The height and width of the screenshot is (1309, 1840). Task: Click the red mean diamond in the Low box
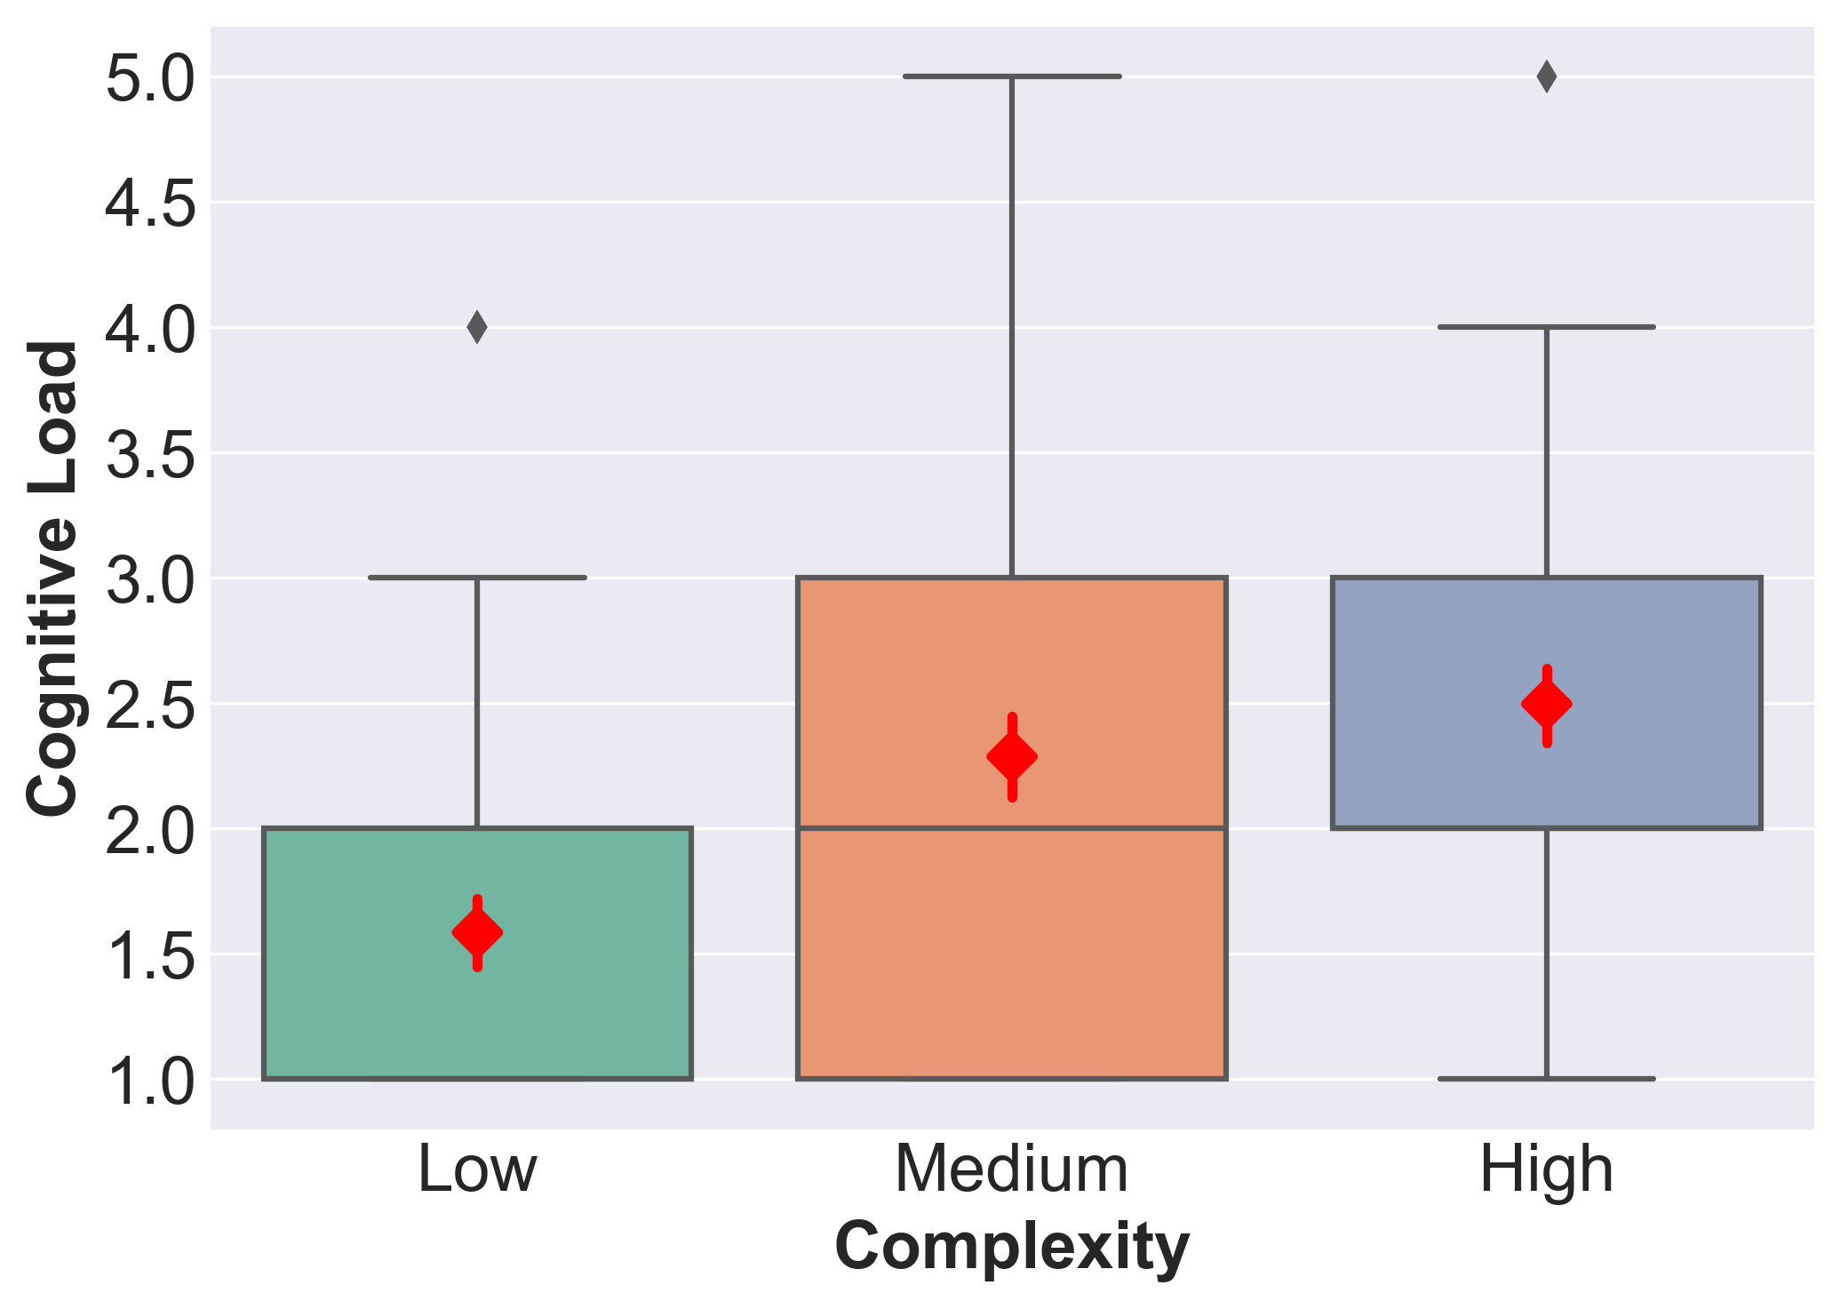477,933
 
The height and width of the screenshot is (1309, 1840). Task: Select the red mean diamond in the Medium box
1012,757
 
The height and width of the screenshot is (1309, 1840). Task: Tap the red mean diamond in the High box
1547,705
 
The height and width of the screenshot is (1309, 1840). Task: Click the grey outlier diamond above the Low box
477,327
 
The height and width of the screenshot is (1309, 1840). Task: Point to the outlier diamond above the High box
1547,76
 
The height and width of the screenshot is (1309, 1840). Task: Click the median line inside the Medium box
1012,828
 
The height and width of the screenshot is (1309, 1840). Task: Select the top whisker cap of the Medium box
1012,76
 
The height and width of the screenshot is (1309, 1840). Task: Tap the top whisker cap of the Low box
477,578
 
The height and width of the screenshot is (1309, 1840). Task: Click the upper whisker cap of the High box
1547,327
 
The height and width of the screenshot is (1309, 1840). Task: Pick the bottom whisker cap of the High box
1547,1079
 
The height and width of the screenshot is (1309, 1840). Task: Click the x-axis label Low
477,1169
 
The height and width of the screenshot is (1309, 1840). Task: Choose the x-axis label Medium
1012,1169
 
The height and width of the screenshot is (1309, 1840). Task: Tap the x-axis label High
1547,1169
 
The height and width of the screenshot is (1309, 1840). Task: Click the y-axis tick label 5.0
149,78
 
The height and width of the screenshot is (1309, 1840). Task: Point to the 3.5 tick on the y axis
149,454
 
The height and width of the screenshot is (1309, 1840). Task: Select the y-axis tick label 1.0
149,1081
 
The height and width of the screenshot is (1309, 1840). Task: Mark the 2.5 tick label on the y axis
149,705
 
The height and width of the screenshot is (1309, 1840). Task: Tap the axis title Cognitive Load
52,578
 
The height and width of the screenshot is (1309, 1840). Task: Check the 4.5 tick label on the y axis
149,204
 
